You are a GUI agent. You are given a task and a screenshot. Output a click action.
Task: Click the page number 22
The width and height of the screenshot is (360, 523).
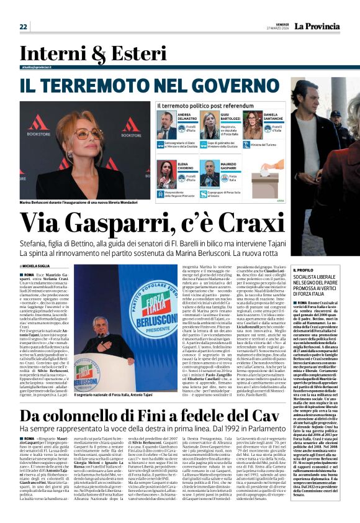click(x=23, y=26)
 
